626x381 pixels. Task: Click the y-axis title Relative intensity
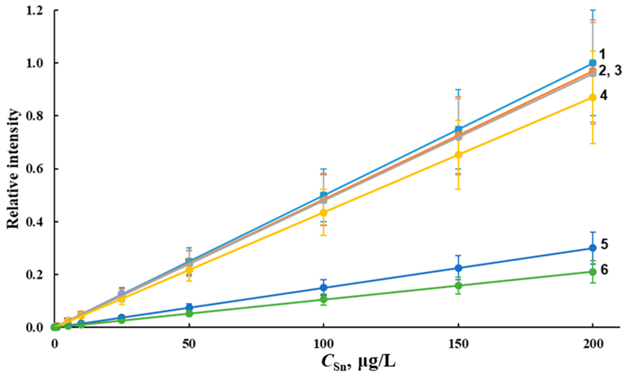[13, 169]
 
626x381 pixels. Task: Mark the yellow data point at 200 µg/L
[593, 98]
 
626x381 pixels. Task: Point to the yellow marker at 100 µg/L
[323, 212]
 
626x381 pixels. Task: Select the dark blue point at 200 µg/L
[593, 248]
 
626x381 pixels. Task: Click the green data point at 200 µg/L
[593, 272]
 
